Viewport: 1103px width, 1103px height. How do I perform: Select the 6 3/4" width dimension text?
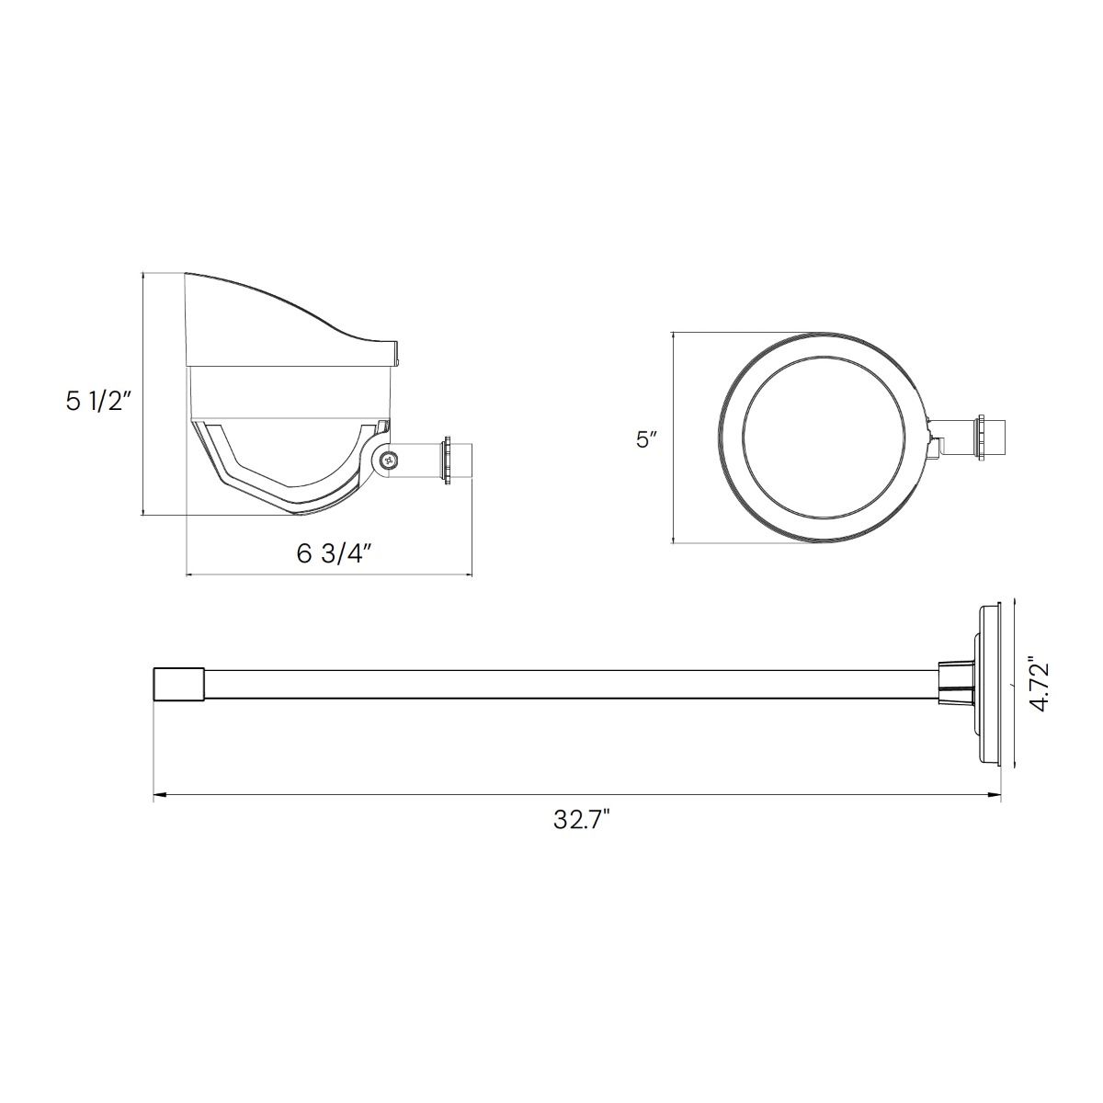coord(335,553)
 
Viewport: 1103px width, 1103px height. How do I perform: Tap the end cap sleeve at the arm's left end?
coord(179,684)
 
